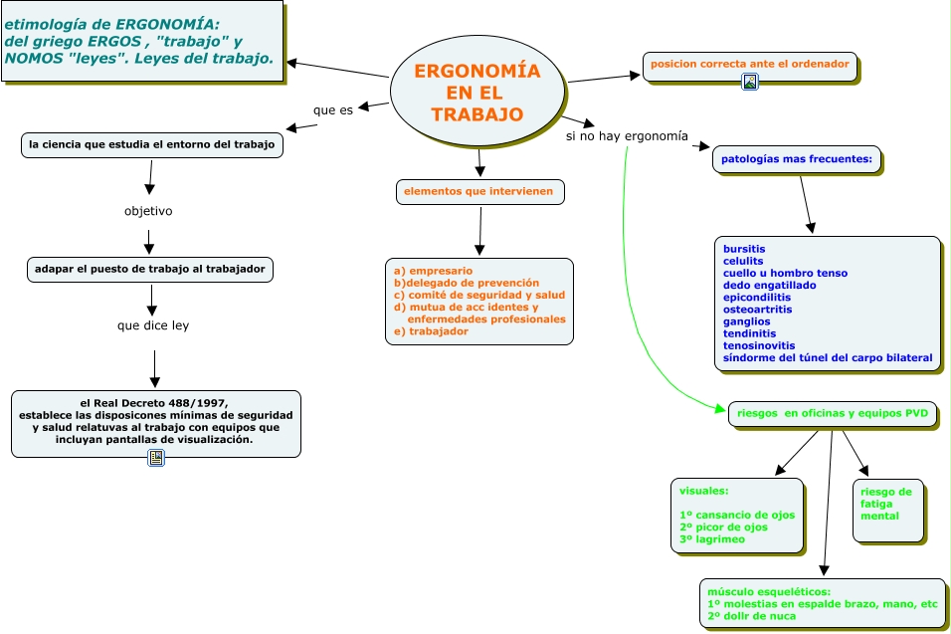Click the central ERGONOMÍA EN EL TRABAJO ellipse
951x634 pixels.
click(477, 93)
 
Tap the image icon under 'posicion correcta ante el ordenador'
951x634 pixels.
click(750, 82)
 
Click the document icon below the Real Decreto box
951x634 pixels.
click(156, 458)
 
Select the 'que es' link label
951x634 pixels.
click(333, 109)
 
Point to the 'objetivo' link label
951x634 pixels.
click(148, 211)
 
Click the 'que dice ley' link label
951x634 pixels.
click(153, 325)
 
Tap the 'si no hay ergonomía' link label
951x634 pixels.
click(627, 136)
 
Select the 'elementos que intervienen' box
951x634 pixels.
click(479, 192)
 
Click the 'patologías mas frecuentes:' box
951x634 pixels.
click(797, 159)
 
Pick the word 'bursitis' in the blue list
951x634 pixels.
click(744, 249)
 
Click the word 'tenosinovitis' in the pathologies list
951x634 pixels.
click(759, 345)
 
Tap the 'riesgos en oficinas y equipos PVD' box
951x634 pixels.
click(832, 414)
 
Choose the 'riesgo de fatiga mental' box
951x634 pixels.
click(888, 511)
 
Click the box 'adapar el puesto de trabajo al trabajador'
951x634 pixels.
click(150, 270)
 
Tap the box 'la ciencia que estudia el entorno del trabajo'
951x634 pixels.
click(151, 145)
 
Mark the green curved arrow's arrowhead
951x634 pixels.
click(720, 409)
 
